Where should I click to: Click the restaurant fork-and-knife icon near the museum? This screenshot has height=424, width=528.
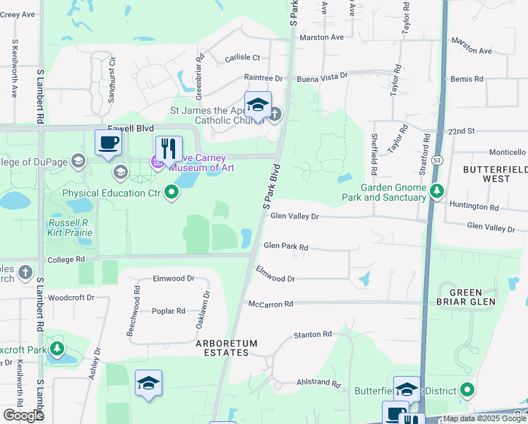click(169, 149)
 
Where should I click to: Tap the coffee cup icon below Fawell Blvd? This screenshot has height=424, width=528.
click(109, 143)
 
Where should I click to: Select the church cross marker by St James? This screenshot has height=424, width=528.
click(275, 113)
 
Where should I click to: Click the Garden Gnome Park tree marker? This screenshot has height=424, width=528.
click(437, 190)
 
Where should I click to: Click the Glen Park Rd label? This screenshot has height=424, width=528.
click(286, 247)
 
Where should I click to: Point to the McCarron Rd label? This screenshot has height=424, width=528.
click(270, 304)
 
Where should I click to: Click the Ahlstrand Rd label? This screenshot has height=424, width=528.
click(318, 383)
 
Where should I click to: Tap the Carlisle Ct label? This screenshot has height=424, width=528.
click(242, 58)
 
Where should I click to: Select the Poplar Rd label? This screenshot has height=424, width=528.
click(169, 311)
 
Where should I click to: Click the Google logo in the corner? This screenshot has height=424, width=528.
click(23, 416)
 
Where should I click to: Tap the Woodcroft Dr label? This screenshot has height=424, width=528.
click(71, 298)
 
